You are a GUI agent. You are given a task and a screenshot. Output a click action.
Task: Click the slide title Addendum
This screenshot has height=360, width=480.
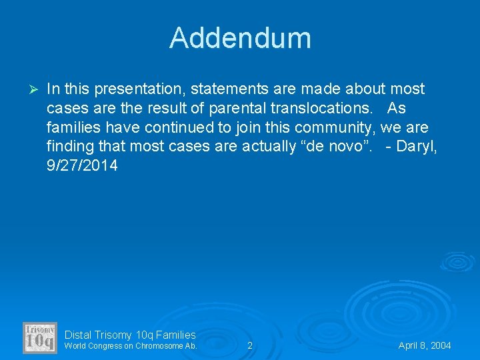point(240,38)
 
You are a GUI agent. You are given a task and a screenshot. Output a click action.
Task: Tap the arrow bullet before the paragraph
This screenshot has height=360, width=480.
point(37,89)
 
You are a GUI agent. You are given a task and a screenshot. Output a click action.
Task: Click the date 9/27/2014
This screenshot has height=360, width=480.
point(82,165)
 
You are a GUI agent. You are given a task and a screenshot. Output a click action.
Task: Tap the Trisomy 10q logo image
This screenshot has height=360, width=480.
point(39,337)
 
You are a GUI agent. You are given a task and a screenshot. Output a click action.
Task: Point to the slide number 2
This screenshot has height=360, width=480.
point(250,345)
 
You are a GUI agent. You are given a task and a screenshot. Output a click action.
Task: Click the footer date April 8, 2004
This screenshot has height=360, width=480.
point(425,345)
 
